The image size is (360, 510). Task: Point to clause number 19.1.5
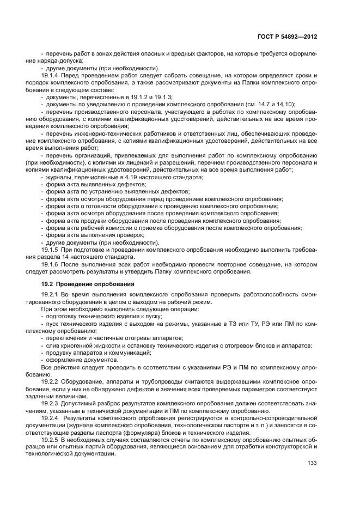pos(51,249)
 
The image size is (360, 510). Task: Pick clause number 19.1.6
pos(51,264)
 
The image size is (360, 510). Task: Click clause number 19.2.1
pos(51,295)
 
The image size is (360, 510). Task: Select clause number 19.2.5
pos(51,439)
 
